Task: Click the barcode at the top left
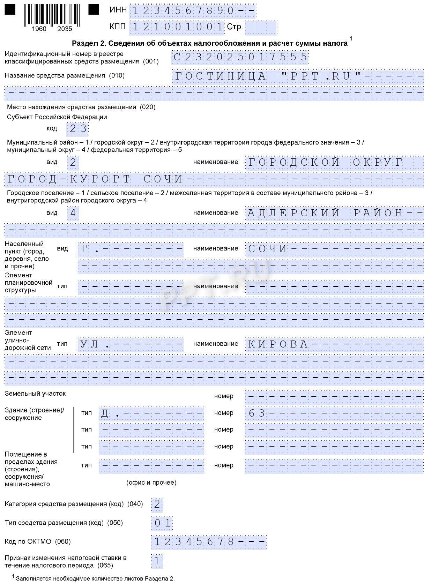click(52, 16)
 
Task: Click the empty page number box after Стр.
click(260, 27)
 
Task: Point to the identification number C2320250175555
click(240, 57)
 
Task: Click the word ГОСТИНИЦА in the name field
click(220, 76)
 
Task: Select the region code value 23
click(78, 129)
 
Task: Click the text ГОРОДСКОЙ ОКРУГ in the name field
click(325, 162)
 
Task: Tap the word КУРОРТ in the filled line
click(100, 179)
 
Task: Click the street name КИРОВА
click(278, 344)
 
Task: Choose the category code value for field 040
click(157, 504)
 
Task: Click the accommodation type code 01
click(162, 523)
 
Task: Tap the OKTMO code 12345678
click(194, 542)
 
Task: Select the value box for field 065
click(157, 561)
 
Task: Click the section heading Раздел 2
click(209, 43)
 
